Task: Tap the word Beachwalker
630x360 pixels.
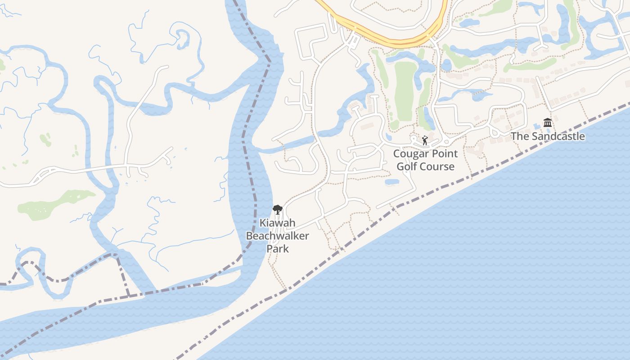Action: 277,236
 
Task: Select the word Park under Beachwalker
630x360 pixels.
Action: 277,248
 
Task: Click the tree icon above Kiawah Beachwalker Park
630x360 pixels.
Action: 277,210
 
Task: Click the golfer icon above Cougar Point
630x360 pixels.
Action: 425,140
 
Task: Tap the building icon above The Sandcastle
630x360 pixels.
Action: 548,122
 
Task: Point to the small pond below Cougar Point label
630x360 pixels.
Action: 392,182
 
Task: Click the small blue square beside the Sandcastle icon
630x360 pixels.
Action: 536,125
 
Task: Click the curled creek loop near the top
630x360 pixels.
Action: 182,38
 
